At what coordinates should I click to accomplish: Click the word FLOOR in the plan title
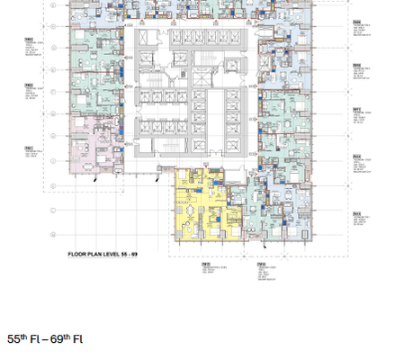(x=77, y=255)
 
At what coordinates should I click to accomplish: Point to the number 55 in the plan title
(x=128, y=255)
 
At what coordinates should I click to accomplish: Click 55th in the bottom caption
(x=20, y=339)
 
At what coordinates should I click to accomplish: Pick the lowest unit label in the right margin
(x=359, y=218)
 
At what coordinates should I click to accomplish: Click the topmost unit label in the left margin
(x=30, y=43)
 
